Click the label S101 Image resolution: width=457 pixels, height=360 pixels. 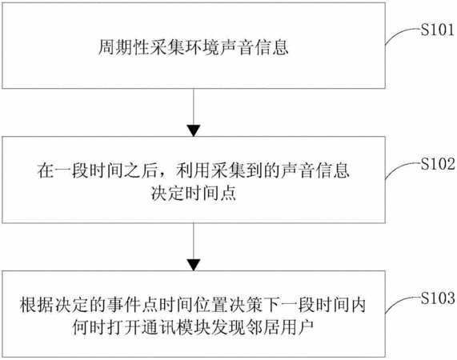pos(438,30)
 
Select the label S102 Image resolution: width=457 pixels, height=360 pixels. pos(438,165)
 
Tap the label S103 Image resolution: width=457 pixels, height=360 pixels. pos(438,298)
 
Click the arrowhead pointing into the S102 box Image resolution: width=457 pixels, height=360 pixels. pos(194,130)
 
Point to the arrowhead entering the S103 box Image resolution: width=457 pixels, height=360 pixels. pos(194,265)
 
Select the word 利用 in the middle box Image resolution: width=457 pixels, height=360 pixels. pos(193,170)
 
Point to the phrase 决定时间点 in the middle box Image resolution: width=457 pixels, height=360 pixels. pos(193,193)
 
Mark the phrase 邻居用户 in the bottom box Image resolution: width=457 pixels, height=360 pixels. pos(280,328)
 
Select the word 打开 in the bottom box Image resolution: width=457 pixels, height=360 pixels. pos(124,328)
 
